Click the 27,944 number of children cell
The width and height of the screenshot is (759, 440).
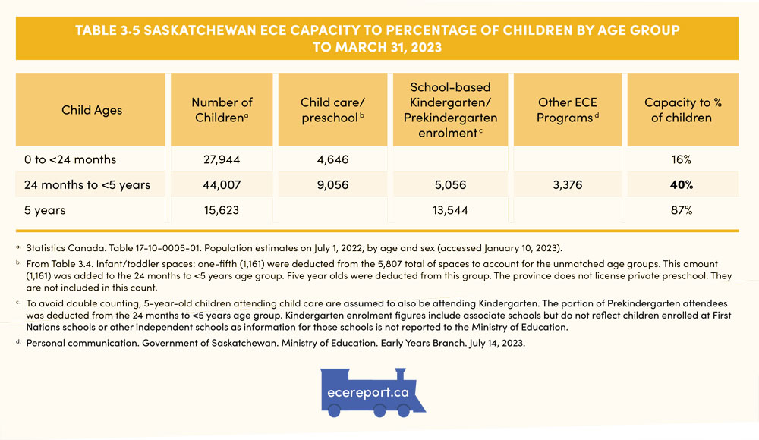pos(222,159)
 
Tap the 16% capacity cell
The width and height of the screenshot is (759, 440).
pos(681,159)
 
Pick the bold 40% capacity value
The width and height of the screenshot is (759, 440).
pos(681,184)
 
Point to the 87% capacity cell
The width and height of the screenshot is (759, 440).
pos(681,210)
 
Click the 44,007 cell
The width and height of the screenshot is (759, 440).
pos(222,184)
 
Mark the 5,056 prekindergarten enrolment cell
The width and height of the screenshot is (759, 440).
pos(450,184)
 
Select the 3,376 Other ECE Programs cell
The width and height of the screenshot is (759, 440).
pos(565,184)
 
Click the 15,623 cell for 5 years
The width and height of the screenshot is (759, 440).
pos(222,210)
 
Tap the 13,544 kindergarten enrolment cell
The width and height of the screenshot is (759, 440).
pos(450,210)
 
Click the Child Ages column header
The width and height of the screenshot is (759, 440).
pos(92,110)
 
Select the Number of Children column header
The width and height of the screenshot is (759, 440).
pos(222,110)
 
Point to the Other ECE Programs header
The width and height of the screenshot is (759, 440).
pos(565,110)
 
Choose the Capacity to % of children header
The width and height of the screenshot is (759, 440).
pos(681,110)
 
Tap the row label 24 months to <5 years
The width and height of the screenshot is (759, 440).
pos(87,184)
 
